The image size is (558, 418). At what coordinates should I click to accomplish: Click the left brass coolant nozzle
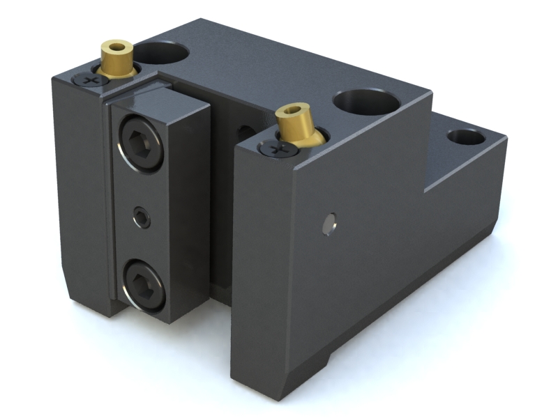117,61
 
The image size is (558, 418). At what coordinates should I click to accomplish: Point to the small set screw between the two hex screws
142,219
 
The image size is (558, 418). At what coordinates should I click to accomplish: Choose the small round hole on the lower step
466,137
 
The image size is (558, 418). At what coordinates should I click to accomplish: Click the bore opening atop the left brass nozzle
117,47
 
